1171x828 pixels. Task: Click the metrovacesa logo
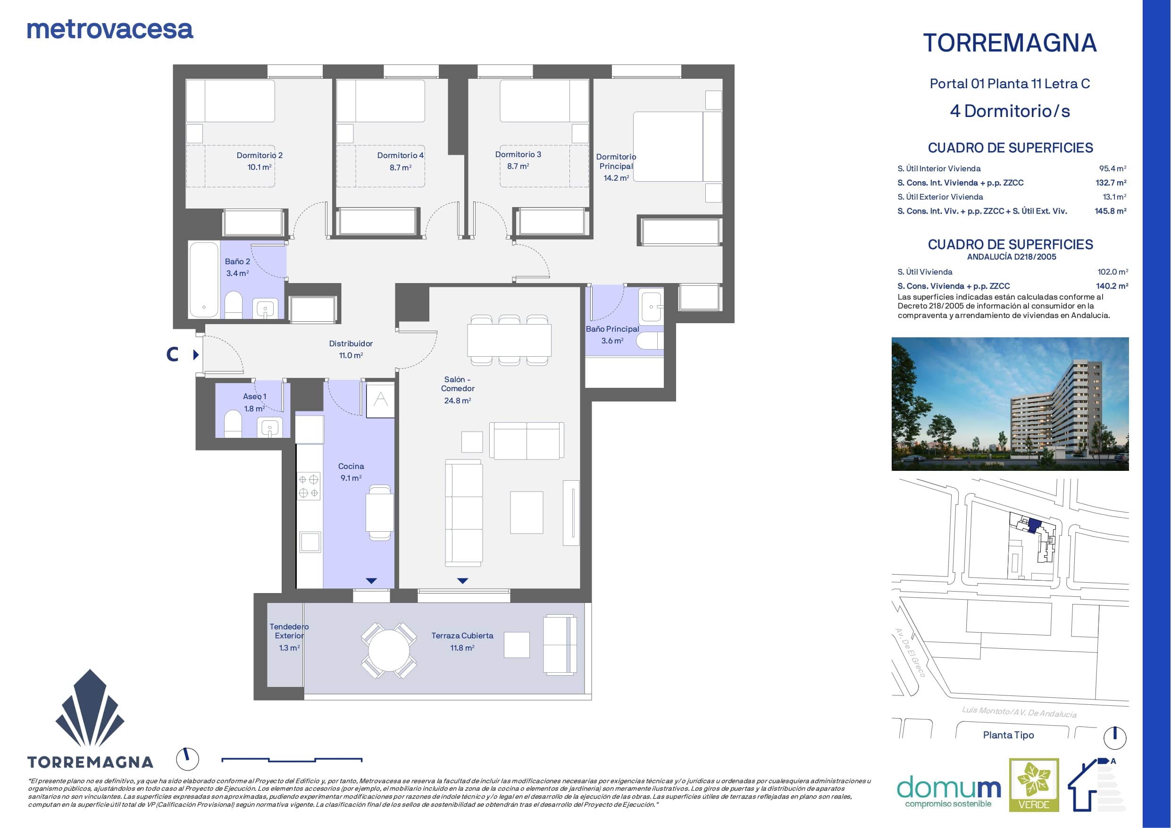click(110, 30)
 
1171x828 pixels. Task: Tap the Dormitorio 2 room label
click(259, 155)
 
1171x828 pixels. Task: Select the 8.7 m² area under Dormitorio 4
click(401, 167)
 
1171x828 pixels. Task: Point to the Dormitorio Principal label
click(616, 161)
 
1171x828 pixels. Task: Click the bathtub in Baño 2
click(204, 280)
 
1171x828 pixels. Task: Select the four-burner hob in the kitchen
click(309, 485)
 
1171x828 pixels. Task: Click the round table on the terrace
click(389, 651)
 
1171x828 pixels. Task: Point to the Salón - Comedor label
click(458, 384)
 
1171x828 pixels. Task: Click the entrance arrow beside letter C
click(196, 355)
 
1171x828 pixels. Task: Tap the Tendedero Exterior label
click(289, 631)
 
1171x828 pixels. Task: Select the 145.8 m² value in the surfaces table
click(1110, 211)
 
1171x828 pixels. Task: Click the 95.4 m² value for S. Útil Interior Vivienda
click(1112, 168)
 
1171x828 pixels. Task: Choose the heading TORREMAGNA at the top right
click(1010, 43)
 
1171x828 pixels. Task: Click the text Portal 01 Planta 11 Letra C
click(1010, 84)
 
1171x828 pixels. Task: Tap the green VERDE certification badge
click(1034, 785)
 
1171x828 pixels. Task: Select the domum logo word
click(949, 788)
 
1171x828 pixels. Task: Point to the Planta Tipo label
click(1008, 735)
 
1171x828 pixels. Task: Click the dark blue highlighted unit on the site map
click(1034, 526)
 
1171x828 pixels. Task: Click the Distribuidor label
click(351, 344)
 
